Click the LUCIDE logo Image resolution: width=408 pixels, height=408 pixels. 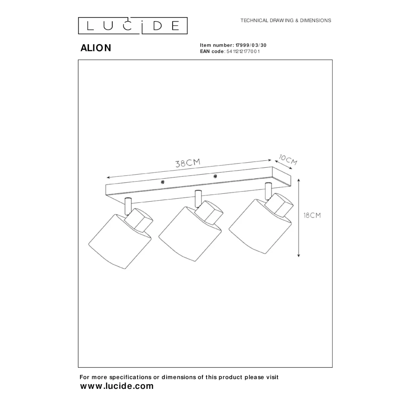pyautogui.click(x=133, y=26)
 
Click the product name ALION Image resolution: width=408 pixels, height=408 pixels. pyautogui.click(x=96, y=48)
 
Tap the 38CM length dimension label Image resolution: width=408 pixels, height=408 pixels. pyautogui.click(x=188, y=163)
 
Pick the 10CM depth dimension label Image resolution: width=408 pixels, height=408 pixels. pyautogui.click(x=288, y=160)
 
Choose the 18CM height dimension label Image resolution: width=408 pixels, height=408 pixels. pyautogui.click(x=312, y=215)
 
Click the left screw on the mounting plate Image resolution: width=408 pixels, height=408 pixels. pyautogui.click(x=162, y=182)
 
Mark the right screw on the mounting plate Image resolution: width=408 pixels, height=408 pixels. pyautogui.click(x=215, y=176)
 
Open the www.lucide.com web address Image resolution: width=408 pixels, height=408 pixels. pyautogui.click(x=117, y=386)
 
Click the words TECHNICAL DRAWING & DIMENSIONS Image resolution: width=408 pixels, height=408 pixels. pyautogui.click(x=286, y=20)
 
